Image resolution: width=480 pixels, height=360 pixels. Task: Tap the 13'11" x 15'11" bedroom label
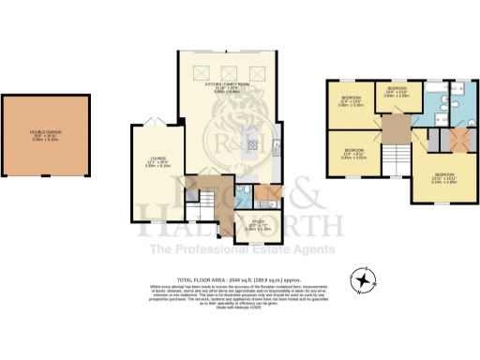pyautogui.click(x=443, y=180)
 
